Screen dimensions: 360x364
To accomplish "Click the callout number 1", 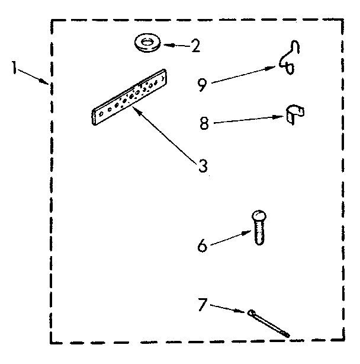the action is pos(12,68).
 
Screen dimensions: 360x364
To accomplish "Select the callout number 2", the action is pos(195,46).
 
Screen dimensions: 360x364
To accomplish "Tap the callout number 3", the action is pos(203,167).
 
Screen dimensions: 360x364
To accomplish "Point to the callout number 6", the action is pos(202,245).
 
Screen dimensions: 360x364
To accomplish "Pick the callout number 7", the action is pos(201,305).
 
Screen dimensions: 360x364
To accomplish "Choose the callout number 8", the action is pos(204,124).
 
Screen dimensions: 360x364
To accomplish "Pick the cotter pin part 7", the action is pos(269,323).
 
